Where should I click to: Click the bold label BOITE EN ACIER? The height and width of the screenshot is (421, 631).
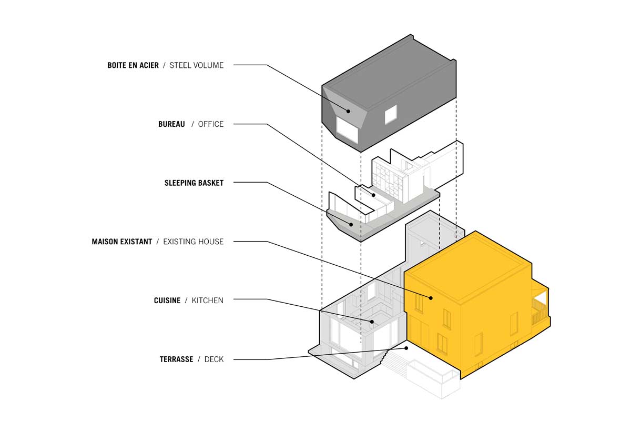point(133,65)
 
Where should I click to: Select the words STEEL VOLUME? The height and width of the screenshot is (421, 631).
point(196,65)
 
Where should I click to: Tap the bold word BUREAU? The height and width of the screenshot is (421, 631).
point(171,124)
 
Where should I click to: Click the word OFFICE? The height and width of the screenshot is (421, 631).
point(210,124)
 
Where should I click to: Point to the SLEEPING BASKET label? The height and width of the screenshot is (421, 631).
point(194,183)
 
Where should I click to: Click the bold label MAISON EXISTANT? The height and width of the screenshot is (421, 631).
point(121,242)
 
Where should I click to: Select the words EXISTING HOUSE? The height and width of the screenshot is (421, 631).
point(193,242)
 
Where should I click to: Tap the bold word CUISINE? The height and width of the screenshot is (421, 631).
point(167,300)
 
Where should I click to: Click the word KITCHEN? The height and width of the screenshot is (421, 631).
point(207,300)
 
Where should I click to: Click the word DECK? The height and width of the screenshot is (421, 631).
point(213,359)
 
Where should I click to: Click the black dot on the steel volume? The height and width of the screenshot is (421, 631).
point(348,111)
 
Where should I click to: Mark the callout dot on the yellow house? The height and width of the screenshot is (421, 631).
point(431,298)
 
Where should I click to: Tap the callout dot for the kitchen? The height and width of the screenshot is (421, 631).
point(372,322)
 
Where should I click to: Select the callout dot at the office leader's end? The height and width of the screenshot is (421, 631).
point(374,195)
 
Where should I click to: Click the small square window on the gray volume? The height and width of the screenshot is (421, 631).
point(390,114)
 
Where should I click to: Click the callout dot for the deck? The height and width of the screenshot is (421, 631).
point(406,348)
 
